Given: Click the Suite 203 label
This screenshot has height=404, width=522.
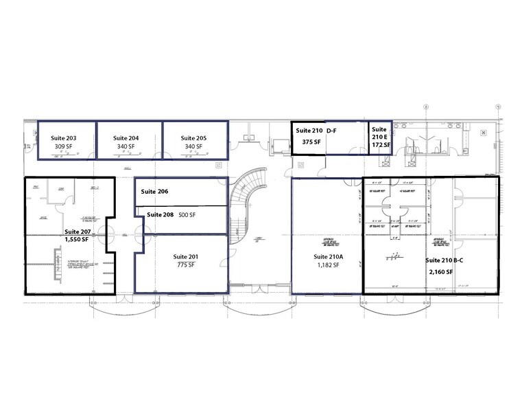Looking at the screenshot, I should tap(63, 138).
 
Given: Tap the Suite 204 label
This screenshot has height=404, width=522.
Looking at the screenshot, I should tap(126, 138).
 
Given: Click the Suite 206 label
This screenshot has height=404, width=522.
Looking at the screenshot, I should tap(154, 192).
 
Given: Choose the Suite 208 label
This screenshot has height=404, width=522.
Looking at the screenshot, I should tap(161, 215).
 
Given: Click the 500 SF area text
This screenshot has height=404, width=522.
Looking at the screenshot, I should tap(188, 215).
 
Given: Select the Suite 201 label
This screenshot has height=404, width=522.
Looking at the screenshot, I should tap(187, 256).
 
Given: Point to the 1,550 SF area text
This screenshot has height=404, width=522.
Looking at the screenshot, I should tap(78, 241).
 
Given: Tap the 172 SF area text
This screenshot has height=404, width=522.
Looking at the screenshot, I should tap(381, 145).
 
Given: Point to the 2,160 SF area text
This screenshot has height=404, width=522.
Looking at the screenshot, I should tap(440, 273).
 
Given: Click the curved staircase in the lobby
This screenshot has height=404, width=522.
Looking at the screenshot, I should tap(244, 199).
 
